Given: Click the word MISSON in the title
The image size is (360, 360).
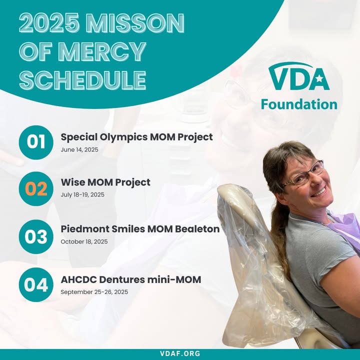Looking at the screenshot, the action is (x=135, y=22).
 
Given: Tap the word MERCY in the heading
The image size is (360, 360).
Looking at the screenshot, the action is (x=102, y=51).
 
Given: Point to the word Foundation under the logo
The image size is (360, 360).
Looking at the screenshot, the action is (x=299, y=104).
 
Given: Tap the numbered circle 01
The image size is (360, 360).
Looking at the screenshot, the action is (x=36, y=142).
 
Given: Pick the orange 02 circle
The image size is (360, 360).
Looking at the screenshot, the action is (x=36, y=188).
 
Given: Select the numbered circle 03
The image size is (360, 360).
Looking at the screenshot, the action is (x=36, y=236).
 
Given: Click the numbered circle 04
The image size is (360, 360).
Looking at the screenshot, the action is (x=36, y=284).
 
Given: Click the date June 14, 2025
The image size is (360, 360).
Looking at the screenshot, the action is (x=79, y=149).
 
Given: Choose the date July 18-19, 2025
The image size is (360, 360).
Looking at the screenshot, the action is (x=82, y=194).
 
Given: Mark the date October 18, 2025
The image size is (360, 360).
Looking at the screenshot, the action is (x=84, y=242).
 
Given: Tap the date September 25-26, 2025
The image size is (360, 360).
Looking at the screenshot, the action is (x=94, y=292).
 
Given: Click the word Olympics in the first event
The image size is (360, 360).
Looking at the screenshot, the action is (x=123, y=137).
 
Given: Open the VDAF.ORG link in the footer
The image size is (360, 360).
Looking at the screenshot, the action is (x=180, y=353).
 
